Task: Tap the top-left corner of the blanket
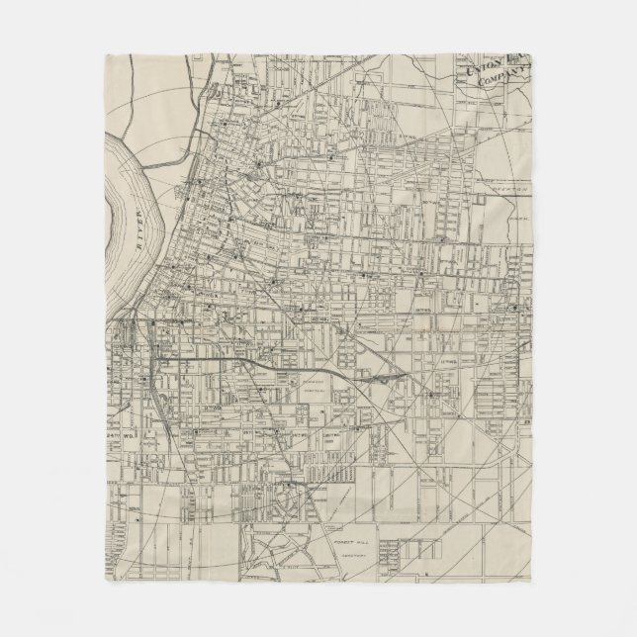coord(104,54)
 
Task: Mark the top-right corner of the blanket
coord(532,54)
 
